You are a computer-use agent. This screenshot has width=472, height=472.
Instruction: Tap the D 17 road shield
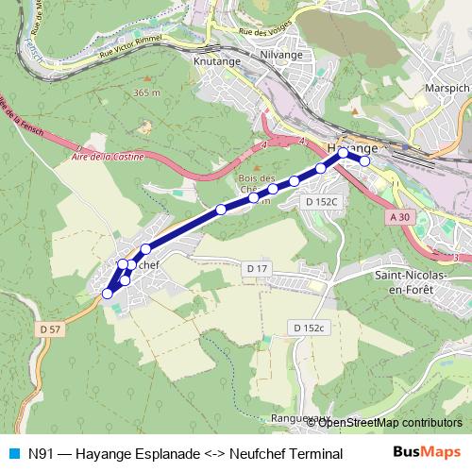coord(258,269)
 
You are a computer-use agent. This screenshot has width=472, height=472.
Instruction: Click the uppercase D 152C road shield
coord(321,201)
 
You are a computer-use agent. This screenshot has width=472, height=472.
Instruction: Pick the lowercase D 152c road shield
coord(307,328)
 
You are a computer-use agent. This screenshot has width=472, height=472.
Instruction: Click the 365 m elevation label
coord(147,93)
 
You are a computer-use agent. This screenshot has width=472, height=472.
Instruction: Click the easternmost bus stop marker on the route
coord(364,160)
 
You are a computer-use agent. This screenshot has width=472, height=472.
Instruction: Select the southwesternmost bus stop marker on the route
coord(107,294)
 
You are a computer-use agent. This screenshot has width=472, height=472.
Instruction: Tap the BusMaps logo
coord(426,453)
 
